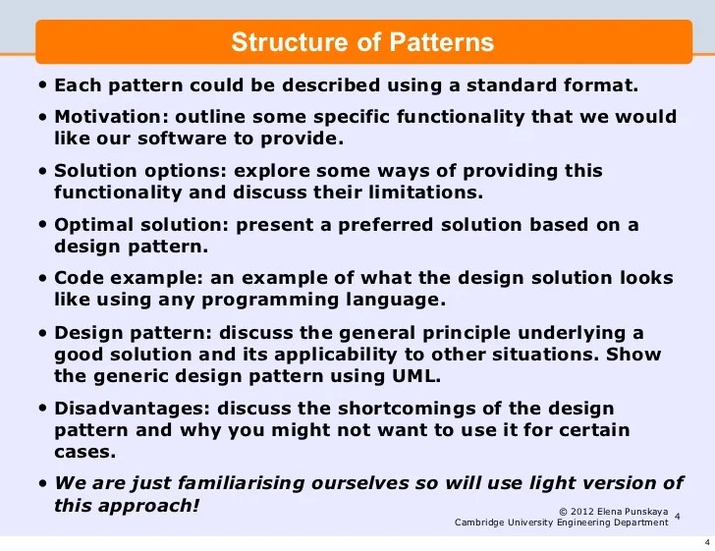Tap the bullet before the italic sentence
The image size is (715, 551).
(x=44, y=482)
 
